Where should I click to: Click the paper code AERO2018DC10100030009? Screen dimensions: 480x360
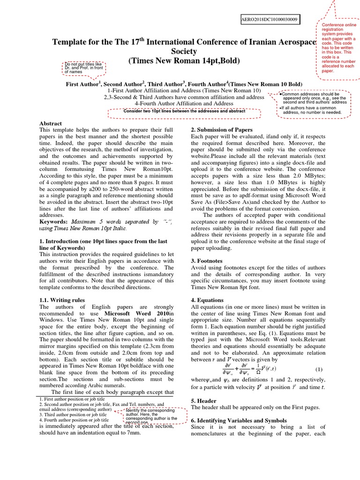pyautogui.click(x=270, y=20)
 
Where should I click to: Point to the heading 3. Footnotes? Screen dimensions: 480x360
pyautogui.click(x=207, y=261)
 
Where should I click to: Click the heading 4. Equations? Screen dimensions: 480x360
pyautogui.click(x=207, y=300)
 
